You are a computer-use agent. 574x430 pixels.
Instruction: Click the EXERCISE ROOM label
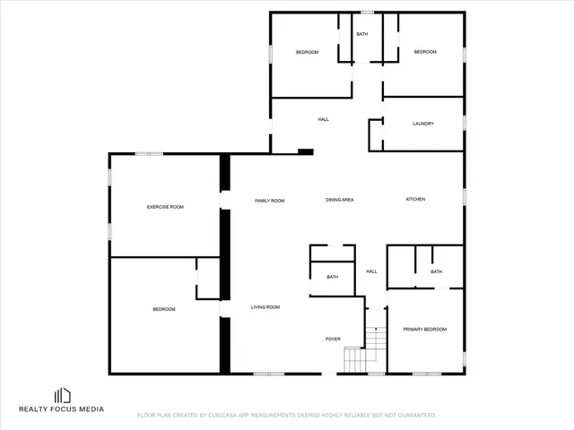click(x=165, y=207)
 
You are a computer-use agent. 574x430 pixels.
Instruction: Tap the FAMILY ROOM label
click(x=269, y=201)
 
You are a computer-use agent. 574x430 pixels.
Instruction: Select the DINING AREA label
click(x=339, y=200)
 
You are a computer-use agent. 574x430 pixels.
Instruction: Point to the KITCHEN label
click(x=415, y=199)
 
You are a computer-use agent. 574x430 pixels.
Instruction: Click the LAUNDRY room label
click(x=423, y=124)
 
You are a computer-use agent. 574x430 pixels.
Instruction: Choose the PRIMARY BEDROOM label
click(x=424, y=330)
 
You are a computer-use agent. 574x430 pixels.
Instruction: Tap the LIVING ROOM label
click(x=265, y=307)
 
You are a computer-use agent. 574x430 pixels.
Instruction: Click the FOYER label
click(x=333, y=339)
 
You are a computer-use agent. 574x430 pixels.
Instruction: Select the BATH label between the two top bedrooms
click(x=362, y=34)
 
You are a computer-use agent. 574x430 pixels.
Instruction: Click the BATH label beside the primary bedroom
click(x=436, y=271)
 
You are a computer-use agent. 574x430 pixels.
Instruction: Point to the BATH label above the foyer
click(x=332, y=277)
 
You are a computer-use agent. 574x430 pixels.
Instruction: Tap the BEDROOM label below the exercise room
click(x=163, y=309)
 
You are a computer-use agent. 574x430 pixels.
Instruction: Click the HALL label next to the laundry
click(x=324, y=119)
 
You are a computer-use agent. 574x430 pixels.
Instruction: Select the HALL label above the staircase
click(x=371, y=271)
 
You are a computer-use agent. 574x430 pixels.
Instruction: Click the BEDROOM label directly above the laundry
click(x=425, y=52)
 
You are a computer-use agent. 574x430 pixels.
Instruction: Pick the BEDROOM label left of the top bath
click(x=307, y=52)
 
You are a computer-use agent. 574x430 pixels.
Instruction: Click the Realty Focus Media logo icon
click(x=62, y=395)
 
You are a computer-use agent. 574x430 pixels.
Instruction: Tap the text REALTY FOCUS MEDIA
click(x=62, y=409)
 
